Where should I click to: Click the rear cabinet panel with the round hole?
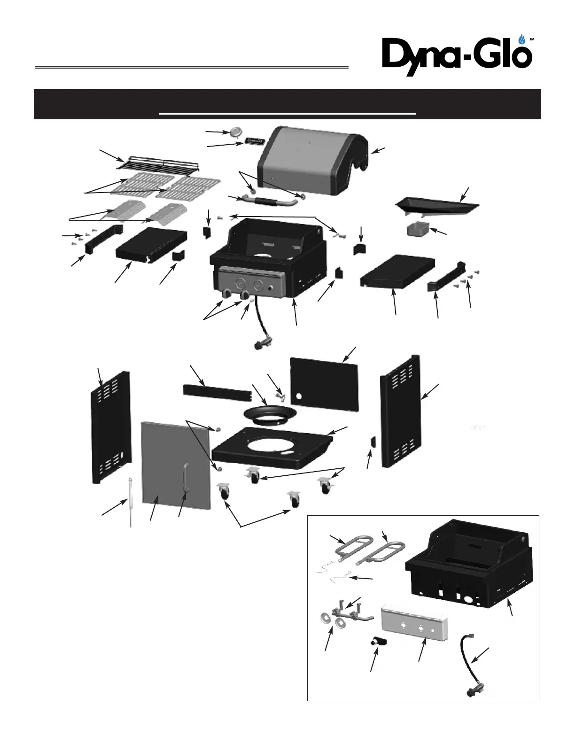click(x=324, y=383)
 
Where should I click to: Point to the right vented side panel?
click(x=401, y=411)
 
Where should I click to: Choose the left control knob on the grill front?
click(x=227, y=294)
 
